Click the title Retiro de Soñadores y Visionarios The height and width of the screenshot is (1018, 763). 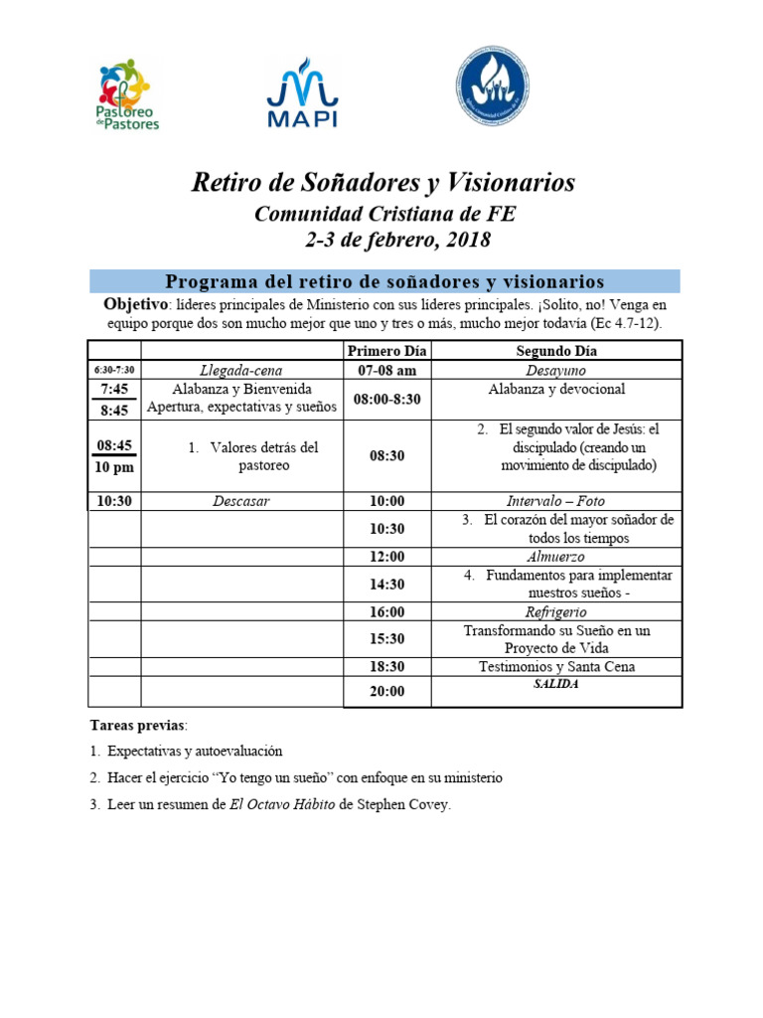coord(382,183)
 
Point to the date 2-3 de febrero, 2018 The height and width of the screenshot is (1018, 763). coord(396,241)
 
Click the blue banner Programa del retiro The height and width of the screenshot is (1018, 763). coord(384,281)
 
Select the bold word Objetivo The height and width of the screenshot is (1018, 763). coord(135,303)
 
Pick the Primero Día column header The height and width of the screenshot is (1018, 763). coord(386,351)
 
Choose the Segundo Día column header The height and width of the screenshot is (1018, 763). coord(555,351)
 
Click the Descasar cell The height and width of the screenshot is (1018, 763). coord(241,501)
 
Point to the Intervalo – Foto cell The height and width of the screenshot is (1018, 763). coord(555,501)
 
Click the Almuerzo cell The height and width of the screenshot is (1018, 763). coord(555,557)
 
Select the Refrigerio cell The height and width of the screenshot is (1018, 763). coord(555,612)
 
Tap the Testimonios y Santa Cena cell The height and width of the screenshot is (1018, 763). coord(555,667)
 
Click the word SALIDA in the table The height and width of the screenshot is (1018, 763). coord(555,684)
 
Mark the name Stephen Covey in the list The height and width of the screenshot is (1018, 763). coord(402,805)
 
